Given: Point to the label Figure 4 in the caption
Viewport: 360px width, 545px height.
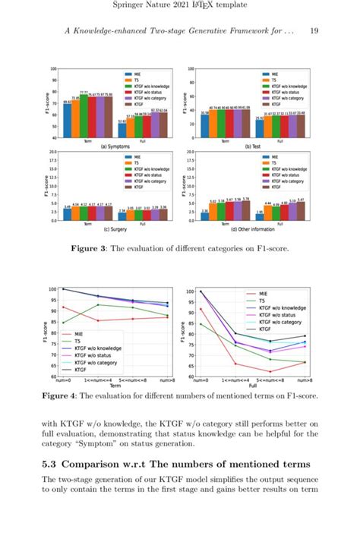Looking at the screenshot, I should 65,395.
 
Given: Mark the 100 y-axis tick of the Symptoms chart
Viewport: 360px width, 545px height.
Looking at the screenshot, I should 53,70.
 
